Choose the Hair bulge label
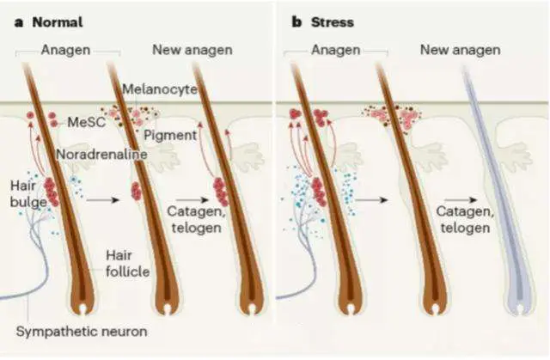(x=24, y=193)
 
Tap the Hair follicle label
(x=125, y=262)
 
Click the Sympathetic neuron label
(x=82, y=331)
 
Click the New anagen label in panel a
(x=191, y=50)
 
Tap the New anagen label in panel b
(x=460, y=50)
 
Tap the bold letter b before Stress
(x=285, y=21)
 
